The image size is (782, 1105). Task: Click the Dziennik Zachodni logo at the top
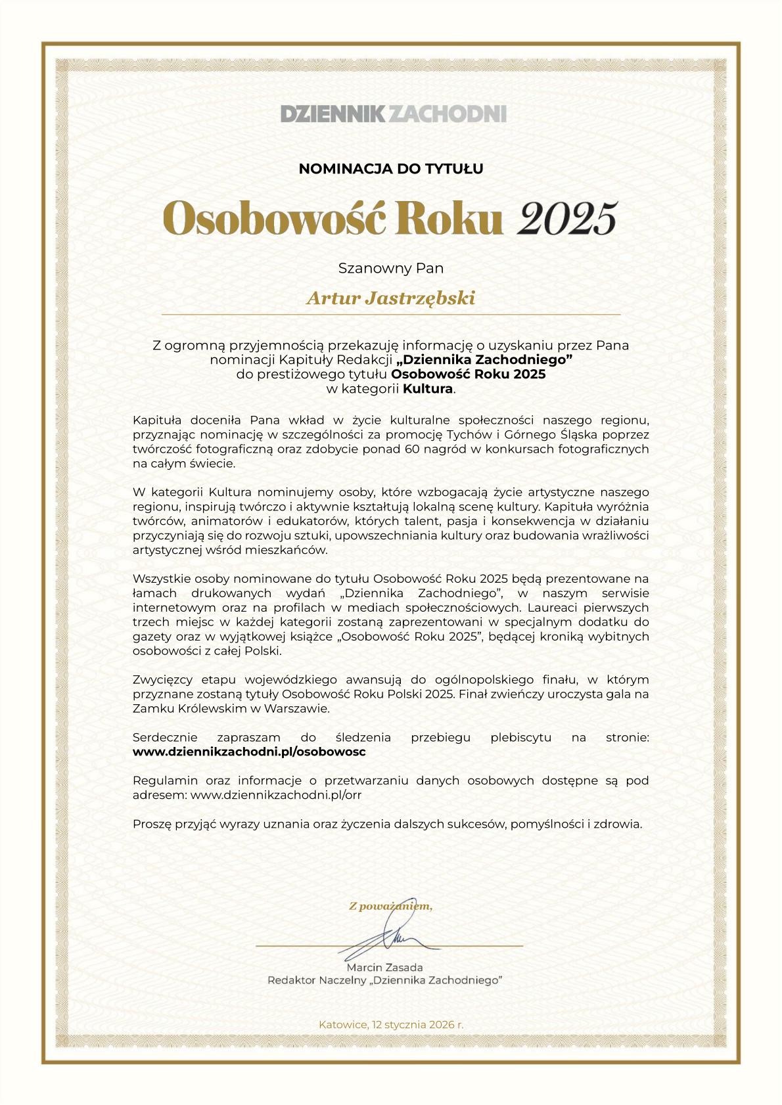tap(393, 114)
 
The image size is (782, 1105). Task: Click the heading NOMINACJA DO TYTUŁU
tap(391, 169)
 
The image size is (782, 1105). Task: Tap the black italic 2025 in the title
tap(567, 218)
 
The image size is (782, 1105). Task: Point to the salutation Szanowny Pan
tap(391, 268)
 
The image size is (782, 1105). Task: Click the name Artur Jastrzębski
tap(391, 298)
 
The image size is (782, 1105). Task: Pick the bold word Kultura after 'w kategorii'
tap(428, 388)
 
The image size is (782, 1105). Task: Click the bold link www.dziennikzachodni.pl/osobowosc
tap(249, 751)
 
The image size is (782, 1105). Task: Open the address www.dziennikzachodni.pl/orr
tap(276, 794)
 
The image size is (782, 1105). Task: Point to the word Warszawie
tap(297, 708)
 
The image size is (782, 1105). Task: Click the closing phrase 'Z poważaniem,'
tap(390, 907)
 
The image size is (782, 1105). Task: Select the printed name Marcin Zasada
tap(384, 967)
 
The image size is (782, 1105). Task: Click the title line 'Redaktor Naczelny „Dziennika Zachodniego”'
tap(385, 980)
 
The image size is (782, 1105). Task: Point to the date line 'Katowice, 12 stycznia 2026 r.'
tap(391, 1024)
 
